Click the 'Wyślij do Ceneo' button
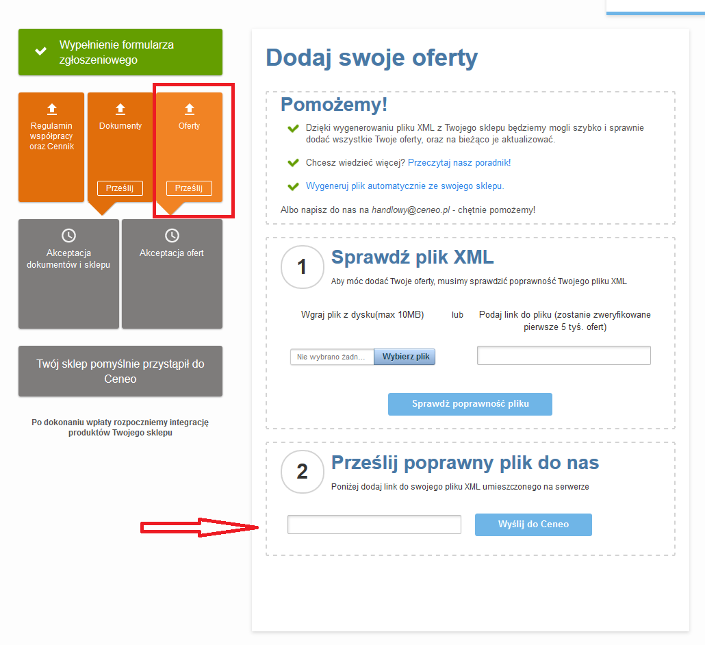point(533,524)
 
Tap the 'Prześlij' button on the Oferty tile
point(189,188)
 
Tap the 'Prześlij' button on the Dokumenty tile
point(120,188)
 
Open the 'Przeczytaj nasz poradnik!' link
point(459,162)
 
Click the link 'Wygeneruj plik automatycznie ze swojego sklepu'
point(405,186)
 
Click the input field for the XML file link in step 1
point(564,355)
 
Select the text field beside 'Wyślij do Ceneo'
point(374,524)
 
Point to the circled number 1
point(302,267)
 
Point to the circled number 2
point(302,472)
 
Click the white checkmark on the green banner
point(41,51)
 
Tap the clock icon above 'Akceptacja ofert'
point(172,236)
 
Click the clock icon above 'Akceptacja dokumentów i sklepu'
point(69,236)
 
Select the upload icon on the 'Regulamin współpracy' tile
point(52,109)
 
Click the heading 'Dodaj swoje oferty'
point(372,58)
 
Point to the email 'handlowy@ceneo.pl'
point(411,210)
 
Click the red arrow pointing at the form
point(200,528)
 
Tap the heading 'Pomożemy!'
point(334,105)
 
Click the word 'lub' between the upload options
point(457,315)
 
